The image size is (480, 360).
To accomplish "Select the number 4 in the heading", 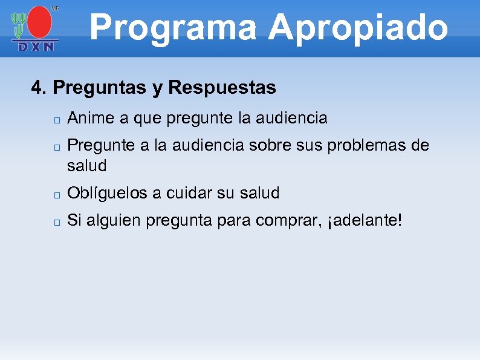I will pos(37,88).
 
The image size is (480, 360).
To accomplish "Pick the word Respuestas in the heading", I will pos(222,88).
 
